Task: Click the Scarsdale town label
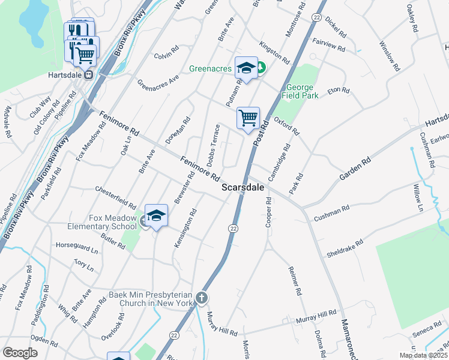click(x=243, y=187)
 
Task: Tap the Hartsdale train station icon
click(x=88, y=75)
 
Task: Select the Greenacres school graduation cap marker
click(x=246, y=69)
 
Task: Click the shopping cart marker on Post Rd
click(x=248, y=117)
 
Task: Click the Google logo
click(x=20, y=353)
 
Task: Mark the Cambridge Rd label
click(x=279, y=161)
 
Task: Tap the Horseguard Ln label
click(x=76, y=246)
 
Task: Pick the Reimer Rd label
click(x=294, y=281)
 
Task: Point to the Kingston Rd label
click(x=275, y=52)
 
